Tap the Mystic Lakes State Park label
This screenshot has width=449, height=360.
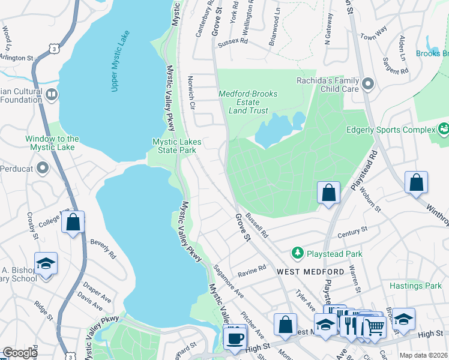coord(177,146)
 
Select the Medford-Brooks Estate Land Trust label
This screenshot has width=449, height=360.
coord(247,102)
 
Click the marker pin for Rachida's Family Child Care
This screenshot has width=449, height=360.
coord(368,84)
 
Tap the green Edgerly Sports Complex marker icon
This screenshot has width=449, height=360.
coord(444,130)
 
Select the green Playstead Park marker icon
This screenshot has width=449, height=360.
coord(297,254)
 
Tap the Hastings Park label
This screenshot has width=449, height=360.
coord(415,286)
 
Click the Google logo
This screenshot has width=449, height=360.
coord(19,353)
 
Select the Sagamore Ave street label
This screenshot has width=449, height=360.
coord(228,284)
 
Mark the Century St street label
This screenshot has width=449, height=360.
coord(352,232)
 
